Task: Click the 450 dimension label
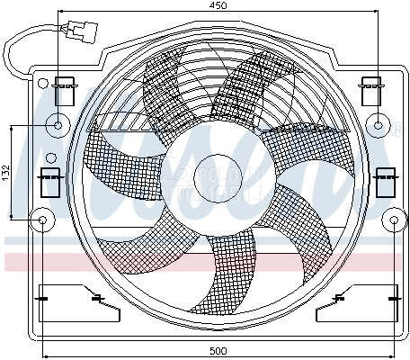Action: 218,5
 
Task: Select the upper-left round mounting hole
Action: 59,124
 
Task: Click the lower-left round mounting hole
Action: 41,218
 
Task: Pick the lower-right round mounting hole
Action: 396,218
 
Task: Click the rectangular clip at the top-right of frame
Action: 370,90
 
